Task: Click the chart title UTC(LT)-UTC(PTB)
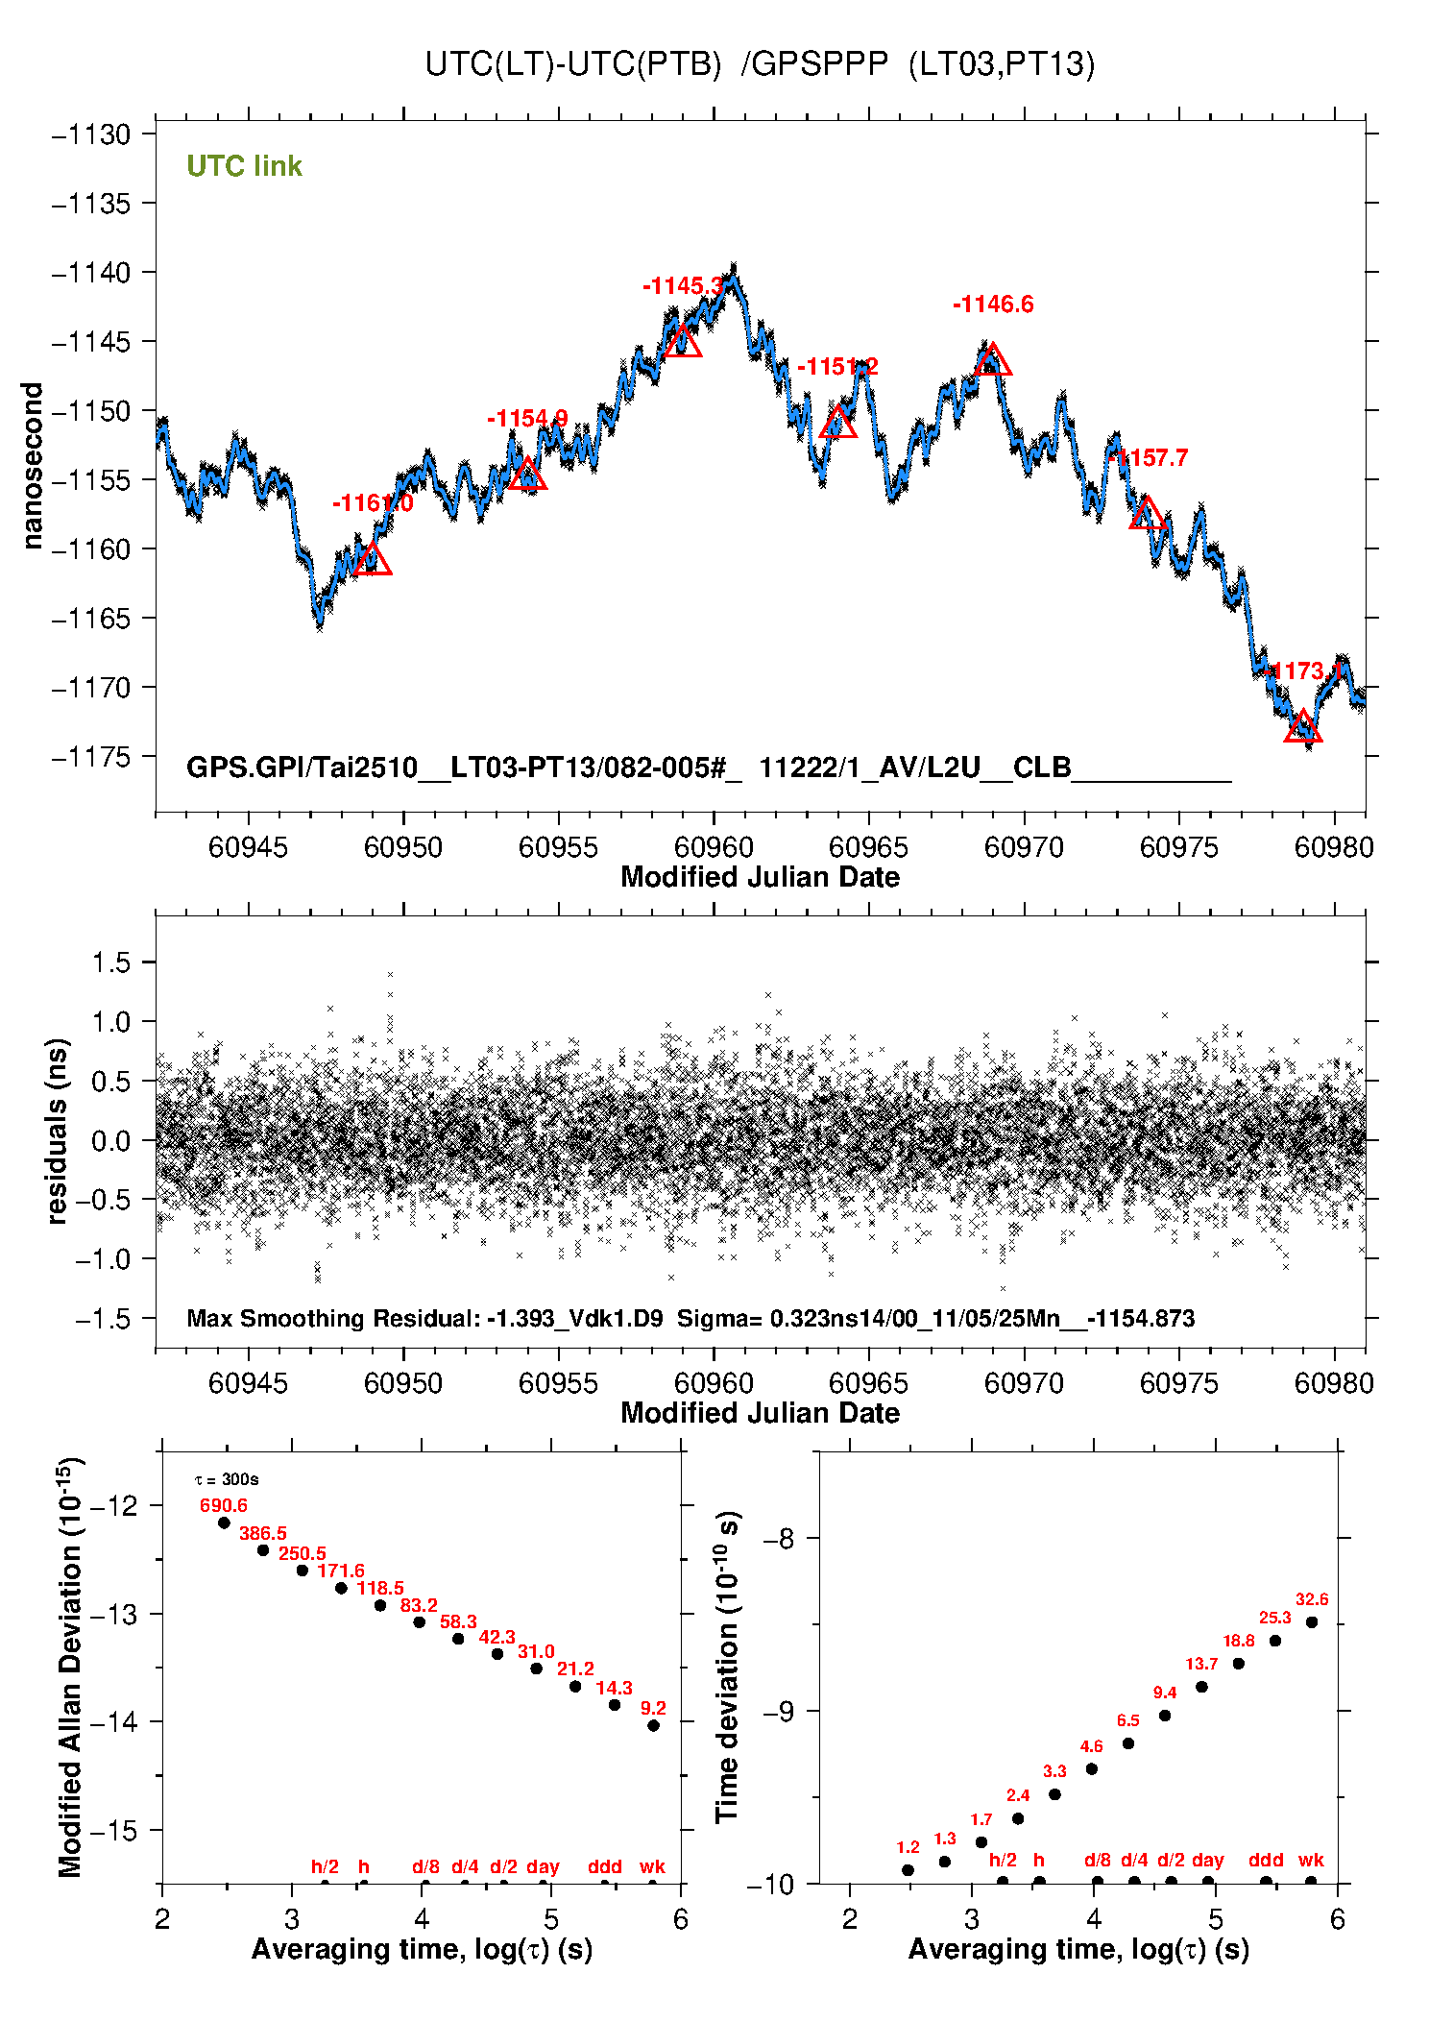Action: point(572,64)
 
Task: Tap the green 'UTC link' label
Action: point(244,166)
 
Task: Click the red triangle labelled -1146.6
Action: point(992,361)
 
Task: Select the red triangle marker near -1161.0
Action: point(372,560)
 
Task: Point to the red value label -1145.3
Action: point(683,285)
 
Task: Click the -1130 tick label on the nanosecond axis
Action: point(91,134)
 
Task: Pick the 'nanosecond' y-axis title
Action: point(33,466)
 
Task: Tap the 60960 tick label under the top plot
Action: point(714,847)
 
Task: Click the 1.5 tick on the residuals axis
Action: point(110,962)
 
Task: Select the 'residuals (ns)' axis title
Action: point(58,1131)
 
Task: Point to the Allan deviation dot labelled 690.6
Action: point(225,1523)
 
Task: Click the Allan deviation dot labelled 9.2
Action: point(653,1725)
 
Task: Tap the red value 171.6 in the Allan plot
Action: point(341,1571)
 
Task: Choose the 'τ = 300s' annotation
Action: point(227,1479)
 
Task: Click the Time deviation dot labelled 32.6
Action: point(1312,1622)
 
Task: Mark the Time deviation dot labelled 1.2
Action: point(908,1870)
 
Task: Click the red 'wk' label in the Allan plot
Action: point(652,1866)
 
